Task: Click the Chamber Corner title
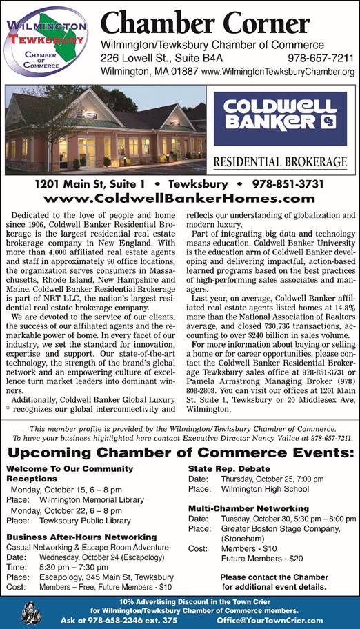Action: (x=205, y=25)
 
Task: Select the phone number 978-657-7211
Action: (x=321, y=58)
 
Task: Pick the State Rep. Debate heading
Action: (x=228, y=468)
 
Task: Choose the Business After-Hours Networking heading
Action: (x=81, y=536)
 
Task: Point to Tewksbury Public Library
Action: (x=85, y=521)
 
